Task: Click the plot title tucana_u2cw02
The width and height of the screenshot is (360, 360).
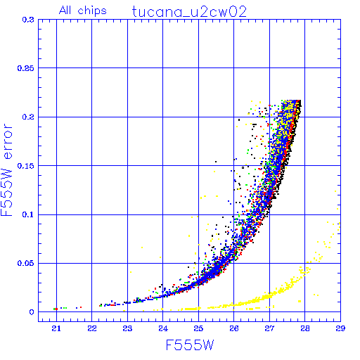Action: [x=189, y=12]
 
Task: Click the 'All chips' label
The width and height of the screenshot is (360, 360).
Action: [x=83, y=11]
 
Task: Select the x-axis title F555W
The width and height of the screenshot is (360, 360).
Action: [x=190, y=345]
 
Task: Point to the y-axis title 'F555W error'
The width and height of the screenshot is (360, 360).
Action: [x=7, y=170]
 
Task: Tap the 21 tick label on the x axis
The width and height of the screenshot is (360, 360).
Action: [x=56, y=328]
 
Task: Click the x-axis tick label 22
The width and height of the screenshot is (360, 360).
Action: [x=92, y=328]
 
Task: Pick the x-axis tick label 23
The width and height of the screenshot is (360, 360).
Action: [x=127, y=328]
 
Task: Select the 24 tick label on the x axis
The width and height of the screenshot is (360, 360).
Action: [x=163, y=328]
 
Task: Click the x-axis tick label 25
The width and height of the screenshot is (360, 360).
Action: [x=198, y=328]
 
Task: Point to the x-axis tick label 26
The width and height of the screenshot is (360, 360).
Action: [x=234, y=328]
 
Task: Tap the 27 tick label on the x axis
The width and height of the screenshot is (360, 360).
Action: [x=269, y=328]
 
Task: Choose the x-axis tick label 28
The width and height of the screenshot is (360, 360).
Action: [x=305, y=328]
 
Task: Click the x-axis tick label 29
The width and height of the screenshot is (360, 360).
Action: [x=340, y=328]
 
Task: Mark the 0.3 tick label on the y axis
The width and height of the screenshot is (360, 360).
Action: [x=28, y=20]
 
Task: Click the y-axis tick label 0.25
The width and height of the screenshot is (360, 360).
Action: [x=25, y=68]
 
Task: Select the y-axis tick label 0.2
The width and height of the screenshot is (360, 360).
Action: [x=28, y=117]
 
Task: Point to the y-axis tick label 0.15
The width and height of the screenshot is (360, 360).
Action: [x=25, y=166]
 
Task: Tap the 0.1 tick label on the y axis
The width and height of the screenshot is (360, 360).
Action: [x=28, y=214]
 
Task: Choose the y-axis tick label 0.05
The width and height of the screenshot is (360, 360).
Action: [x=25, y=263]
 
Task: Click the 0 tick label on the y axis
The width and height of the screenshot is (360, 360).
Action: [x=32, y=312]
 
